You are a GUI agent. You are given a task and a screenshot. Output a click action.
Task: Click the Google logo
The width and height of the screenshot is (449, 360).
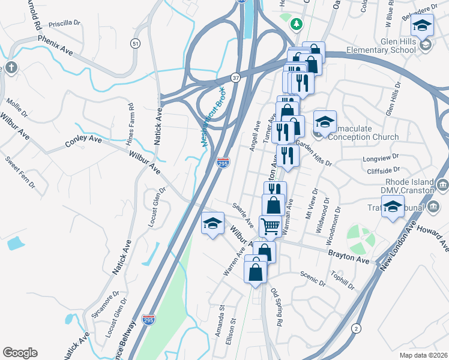click(x=20, y=353)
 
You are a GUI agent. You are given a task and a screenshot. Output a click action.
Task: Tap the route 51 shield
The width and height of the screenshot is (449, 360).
click(x=136, y=44)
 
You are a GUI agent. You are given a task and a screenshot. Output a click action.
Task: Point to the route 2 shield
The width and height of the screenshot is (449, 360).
click(x=357, y=328)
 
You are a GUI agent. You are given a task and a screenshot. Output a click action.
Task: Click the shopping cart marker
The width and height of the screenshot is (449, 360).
click(x=270, y=226)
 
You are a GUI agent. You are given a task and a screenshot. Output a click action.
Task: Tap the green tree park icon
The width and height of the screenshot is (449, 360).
click(x=295, y=24)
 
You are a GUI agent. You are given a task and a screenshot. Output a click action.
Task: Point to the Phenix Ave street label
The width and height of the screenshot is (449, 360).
click(x=55, y=44)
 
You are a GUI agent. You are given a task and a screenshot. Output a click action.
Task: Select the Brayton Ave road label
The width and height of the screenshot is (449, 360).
click(x=348, y=254)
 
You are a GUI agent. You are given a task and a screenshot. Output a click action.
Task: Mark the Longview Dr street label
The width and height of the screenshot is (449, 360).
click(x=381, y=160)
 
